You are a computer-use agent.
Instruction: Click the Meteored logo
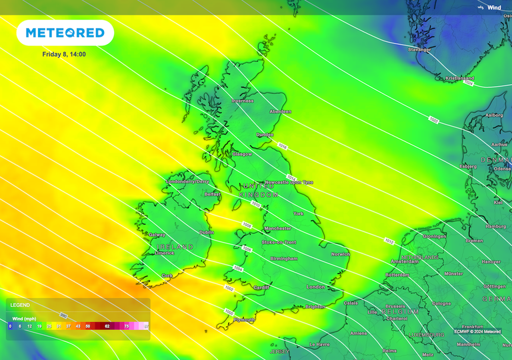click(x=65, y=33)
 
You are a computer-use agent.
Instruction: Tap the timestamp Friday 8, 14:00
click(x=64, y=54)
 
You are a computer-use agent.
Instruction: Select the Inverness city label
click(x=243, y=101)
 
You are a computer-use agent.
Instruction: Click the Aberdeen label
click(x=280, y=111)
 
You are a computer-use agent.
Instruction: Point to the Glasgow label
click(x=243, y=154)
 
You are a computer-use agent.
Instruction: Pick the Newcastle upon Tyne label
click(x=289, y=182)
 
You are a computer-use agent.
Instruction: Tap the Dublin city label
click(x=207, y=232)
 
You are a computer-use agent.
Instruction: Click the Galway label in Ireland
click(x=157, y=235)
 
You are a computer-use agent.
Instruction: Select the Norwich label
click(x=340, y=254)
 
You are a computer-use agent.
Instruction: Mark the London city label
click(x=315, y=287)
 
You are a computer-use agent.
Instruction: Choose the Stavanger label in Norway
click(x=419, y=49)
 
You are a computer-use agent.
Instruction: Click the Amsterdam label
click(x=405, y=262)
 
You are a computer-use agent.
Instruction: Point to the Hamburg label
click(x=496, y=227)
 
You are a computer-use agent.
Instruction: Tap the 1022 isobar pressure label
click(x=434, y=120)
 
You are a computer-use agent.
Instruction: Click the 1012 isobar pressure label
click(x=389, y=240)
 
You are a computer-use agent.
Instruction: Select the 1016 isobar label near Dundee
click(x=282, y=146)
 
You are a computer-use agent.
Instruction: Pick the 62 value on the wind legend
click(x=107, y=327)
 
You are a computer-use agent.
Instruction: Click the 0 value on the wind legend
click(x=10, y=327)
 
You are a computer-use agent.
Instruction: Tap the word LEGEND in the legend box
click(x=19, y=305)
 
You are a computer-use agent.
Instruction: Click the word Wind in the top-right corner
click(x=494, y=7)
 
